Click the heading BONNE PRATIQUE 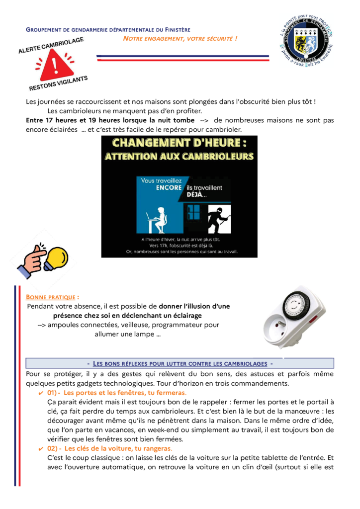click(x=51, y=297)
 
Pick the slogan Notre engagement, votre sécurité click(x=180, y=38)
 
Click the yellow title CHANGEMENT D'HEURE click(x=179, y=143)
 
